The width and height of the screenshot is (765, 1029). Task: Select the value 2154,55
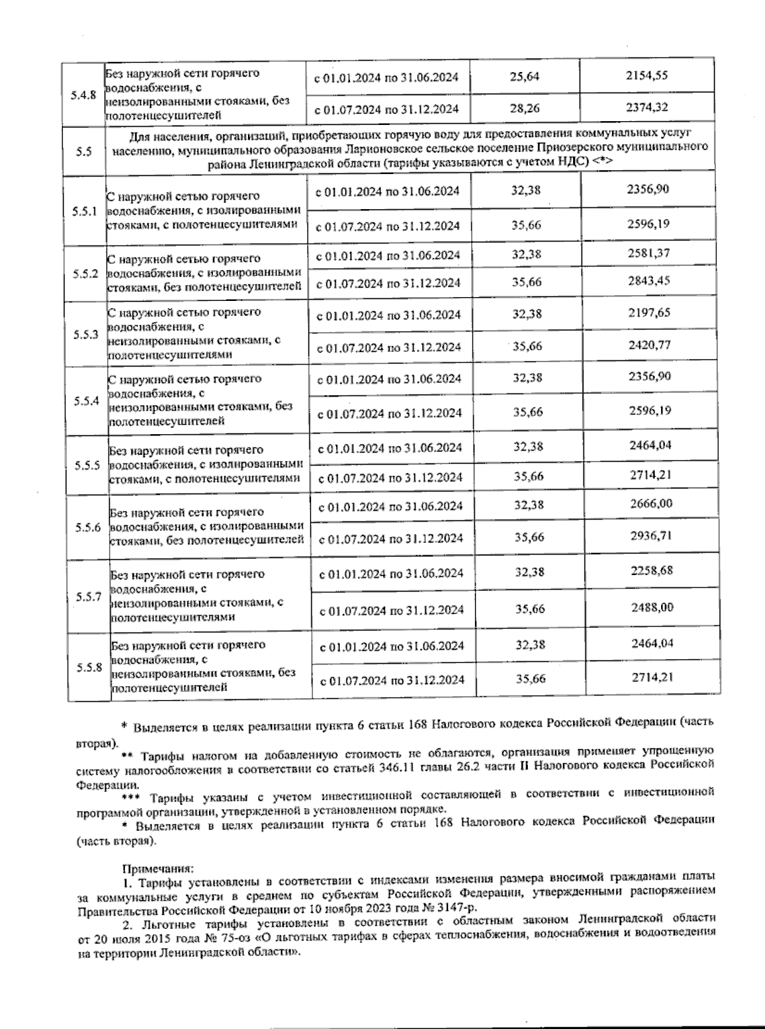[x=646, y=75]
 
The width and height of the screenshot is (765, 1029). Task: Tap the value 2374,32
[x=646, y=107]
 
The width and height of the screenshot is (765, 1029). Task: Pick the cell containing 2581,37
[x=649, y=253]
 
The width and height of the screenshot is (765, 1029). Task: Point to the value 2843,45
[x=649, y=281]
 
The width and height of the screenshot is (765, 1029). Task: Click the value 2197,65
[x=649, y=313]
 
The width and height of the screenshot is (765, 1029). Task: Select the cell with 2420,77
[x=649, y=345]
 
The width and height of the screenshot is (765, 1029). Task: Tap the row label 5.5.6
[x=87, y=527]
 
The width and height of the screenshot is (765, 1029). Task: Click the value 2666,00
[x=651, y=504]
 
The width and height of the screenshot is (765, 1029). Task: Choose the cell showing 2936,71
[x=651, y=536]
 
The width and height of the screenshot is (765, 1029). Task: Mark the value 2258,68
[x=652, y=570]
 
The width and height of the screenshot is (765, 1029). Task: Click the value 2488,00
[x=652, y=607]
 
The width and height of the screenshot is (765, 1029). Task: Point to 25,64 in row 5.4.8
[x=525, y=77]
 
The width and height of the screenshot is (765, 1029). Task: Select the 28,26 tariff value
[x=525, y=108]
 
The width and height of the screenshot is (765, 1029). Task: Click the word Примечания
[x=157, y=868]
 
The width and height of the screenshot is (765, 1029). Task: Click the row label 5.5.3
[x=85, y=335]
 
